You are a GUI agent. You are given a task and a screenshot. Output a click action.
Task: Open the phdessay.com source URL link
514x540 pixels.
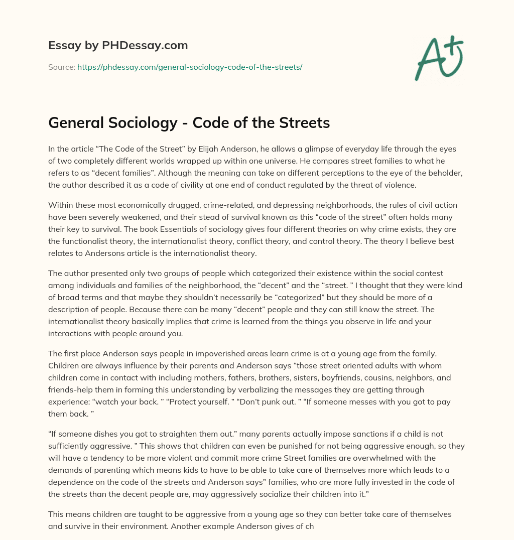click(190, 67)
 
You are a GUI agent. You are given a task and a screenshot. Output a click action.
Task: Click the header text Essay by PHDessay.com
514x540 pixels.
click(118, 46)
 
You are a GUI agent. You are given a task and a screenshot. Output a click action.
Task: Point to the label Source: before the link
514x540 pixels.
click(61, 67)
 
